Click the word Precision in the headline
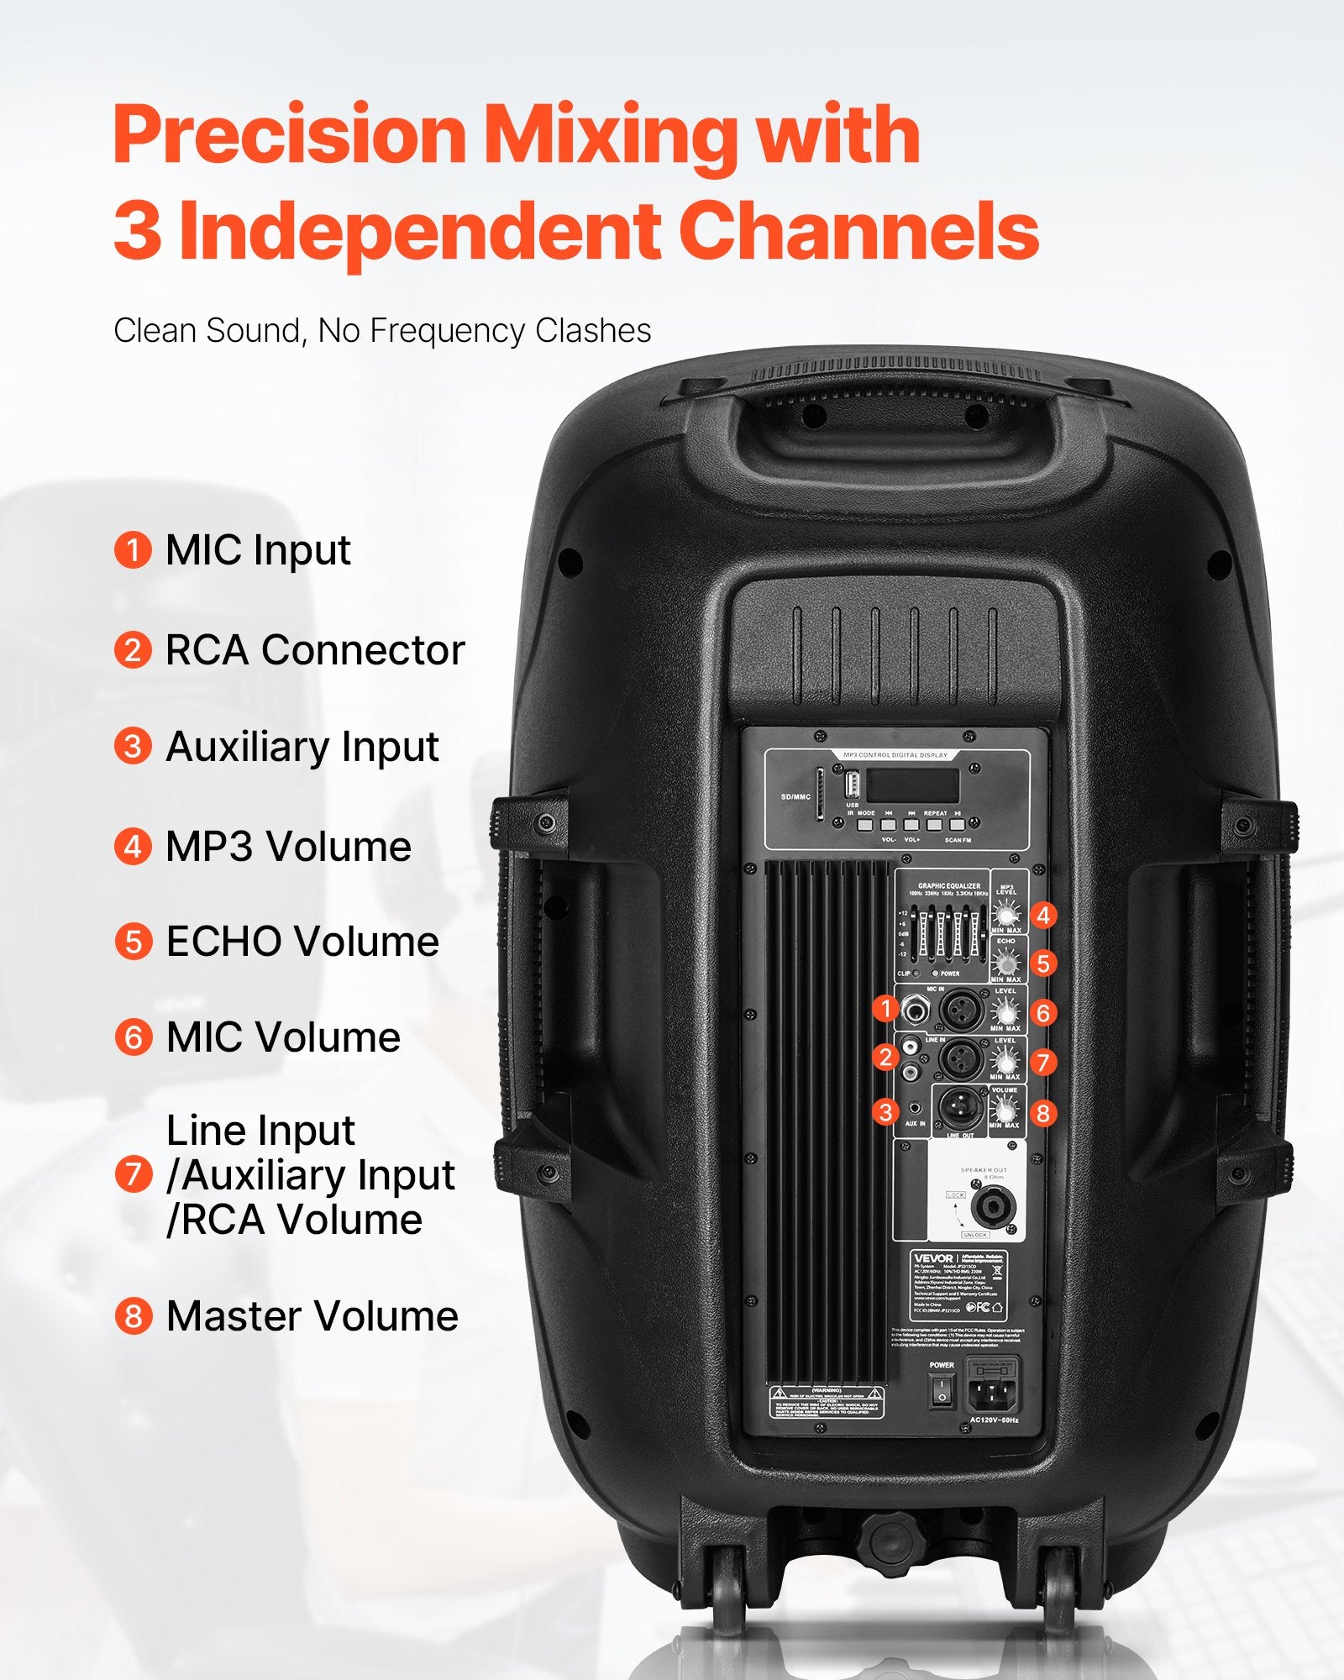click(x=289, y=134)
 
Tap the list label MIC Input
click(x=257, y=551)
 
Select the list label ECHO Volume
click(x=302, y=942)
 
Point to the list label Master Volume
click(x=312, y=1316)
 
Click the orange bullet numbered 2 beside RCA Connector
click(x=133, y=650)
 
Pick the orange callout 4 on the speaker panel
click(x=1043, y=915)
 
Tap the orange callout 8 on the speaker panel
click(x=1043, y=1113)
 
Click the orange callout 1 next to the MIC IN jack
click(x=885, y=1008)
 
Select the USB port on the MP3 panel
click(x=852, y=785)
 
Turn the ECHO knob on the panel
click(x=1005, y=962)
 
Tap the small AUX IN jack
click(x=914, y=1108)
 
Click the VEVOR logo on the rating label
click(x=932, y=1258)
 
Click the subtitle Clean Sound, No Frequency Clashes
click(x=382, y=330)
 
